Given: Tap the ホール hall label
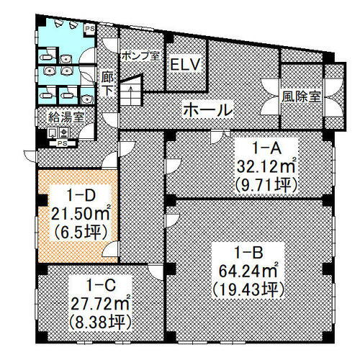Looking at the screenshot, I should (209, 110).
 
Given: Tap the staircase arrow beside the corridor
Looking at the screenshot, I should (132, 92).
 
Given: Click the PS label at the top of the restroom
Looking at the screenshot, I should (91, 30).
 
